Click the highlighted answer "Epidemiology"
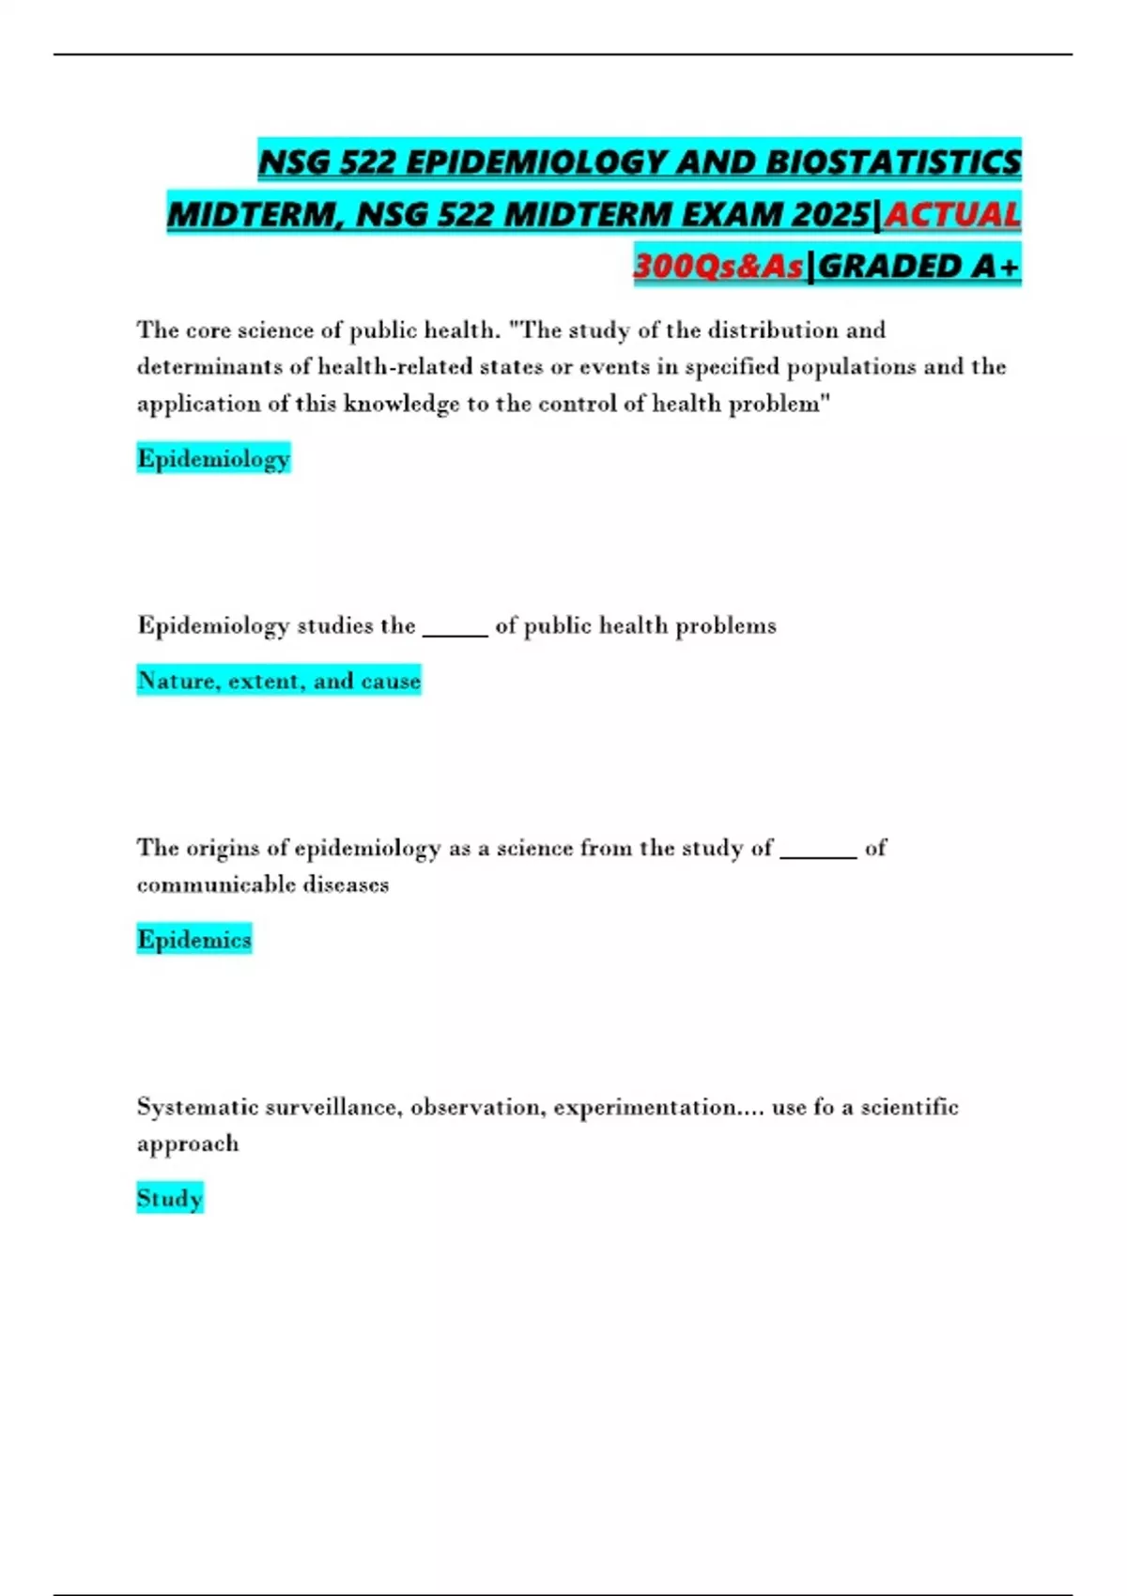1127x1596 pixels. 213,458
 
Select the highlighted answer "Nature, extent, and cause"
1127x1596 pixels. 279,680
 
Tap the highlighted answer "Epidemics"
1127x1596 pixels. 194,939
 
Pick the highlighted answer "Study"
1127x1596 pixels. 170,1198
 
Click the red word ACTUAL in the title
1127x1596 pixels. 952,215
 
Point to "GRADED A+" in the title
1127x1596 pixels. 918,267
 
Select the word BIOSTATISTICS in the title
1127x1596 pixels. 893,162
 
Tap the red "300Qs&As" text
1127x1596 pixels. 718,267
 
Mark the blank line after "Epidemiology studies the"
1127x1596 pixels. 455,630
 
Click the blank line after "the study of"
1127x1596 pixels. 818,852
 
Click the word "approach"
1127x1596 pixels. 188,1143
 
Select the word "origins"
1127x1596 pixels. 222,848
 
